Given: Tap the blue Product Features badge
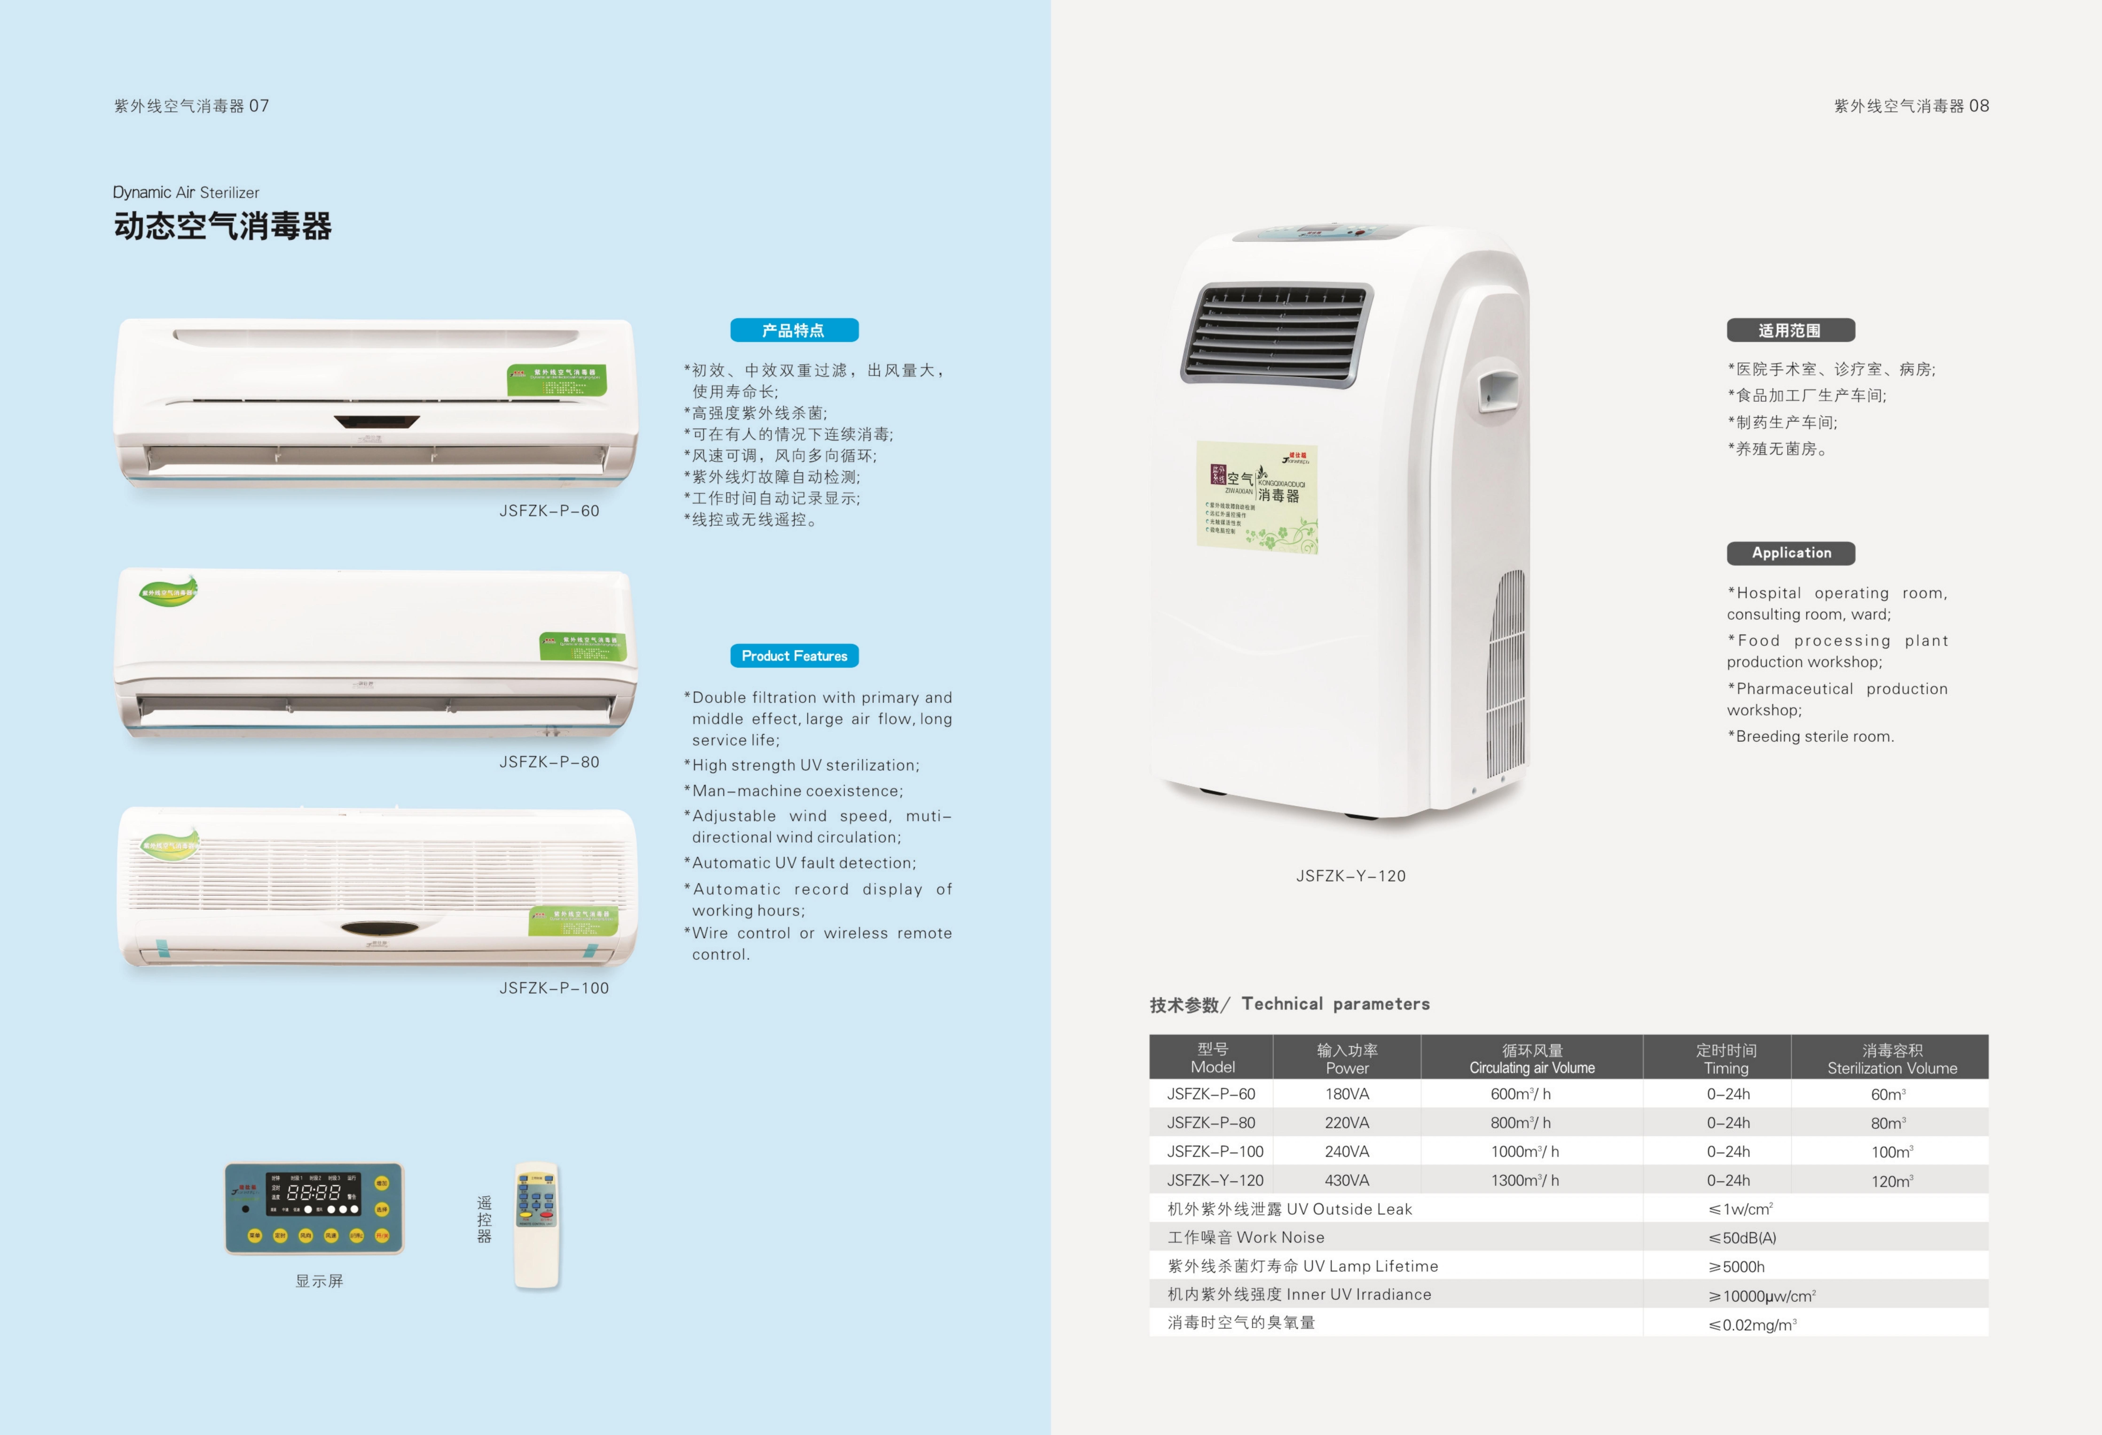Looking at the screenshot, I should tap(793, 656).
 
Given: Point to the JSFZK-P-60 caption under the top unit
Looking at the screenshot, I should tap(549, 511).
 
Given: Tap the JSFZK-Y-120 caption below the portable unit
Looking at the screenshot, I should tap(1350, 875).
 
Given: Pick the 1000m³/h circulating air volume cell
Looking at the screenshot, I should tap(1525, 1151).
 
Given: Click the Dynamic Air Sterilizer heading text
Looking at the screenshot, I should tap(186, 193).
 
